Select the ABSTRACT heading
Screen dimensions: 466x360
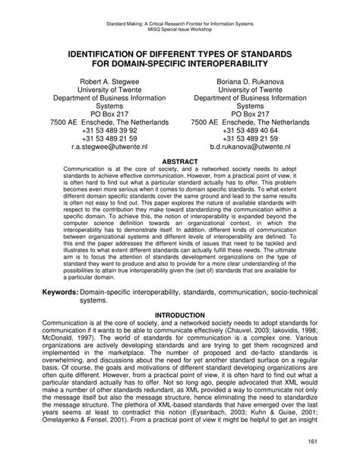[x=180, y=162]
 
